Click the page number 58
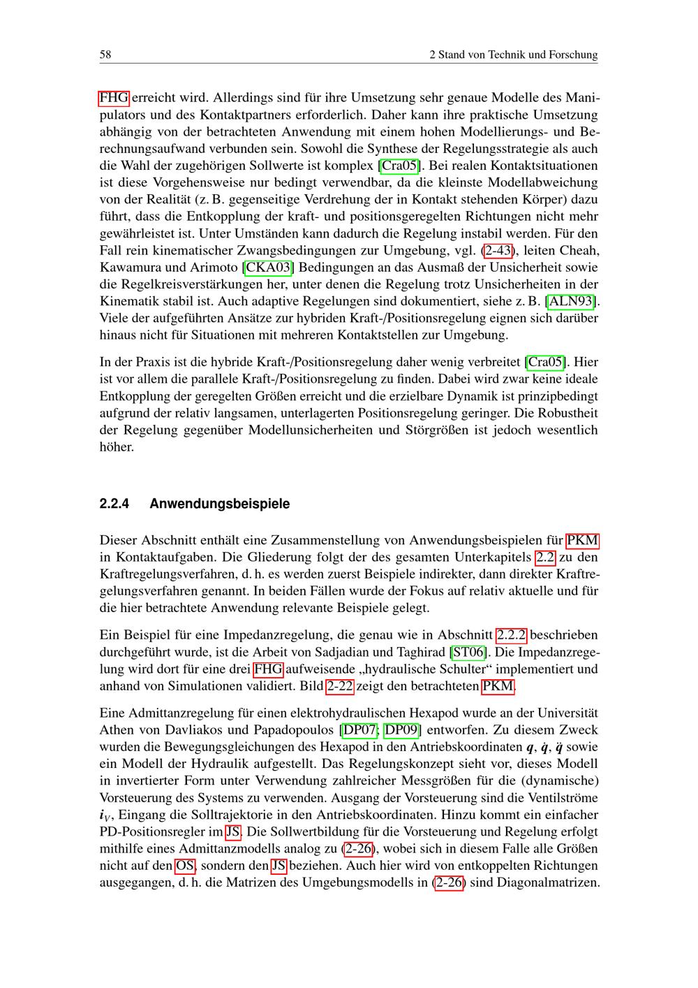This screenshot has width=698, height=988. coord(106,55)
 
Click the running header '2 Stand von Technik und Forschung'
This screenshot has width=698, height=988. coord(513,55)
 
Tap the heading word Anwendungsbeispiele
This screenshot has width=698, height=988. coord(219,504)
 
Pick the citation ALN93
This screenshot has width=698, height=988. coord(573,301)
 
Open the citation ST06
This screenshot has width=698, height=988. coord(468,652)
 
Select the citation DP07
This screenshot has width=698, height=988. coord(360,730)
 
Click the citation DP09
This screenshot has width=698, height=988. coord(402,730)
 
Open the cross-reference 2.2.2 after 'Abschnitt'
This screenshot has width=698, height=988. coord(511,635)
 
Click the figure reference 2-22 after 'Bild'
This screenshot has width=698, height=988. coord(340,686)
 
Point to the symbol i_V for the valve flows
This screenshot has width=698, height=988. coord(105,815)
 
